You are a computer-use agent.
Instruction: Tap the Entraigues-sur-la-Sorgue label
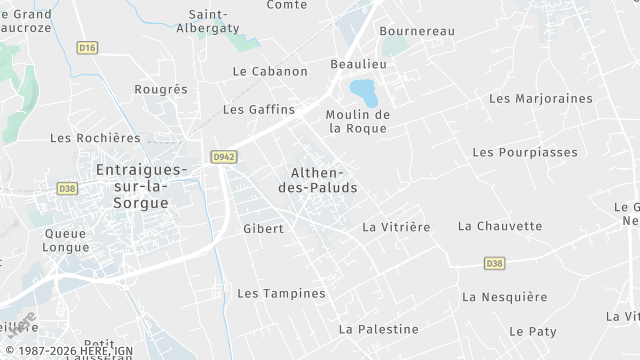click(132, 186)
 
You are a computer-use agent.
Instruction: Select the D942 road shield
click(222, 156)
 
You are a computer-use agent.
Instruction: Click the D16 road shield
click(88, 47)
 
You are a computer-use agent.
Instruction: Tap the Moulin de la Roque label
click(357, 121)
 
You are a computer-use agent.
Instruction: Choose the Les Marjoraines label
click(540, 99)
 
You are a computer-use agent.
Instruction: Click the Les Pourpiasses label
click(525, 152)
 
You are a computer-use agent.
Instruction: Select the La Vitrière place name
click(396, 227)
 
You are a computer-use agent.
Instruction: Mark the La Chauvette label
click(500, 226)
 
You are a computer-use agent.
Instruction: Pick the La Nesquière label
click(505, 297)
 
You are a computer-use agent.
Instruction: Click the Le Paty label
click(532, 331)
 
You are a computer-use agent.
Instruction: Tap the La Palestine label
click(378, 329)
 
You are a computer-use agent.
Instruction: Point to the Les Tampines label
click(281, 294)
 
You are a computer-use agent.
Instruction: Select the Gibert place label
click(263, 229)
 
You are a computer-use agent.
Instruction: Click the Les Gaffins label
click(259, 109)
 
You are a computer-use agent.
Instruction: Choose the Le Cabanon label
click(270, 72)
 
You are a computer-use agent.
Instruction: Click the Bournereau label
click(417, 32)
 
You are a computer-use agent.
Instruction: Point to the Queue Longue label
click(66, 240)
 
